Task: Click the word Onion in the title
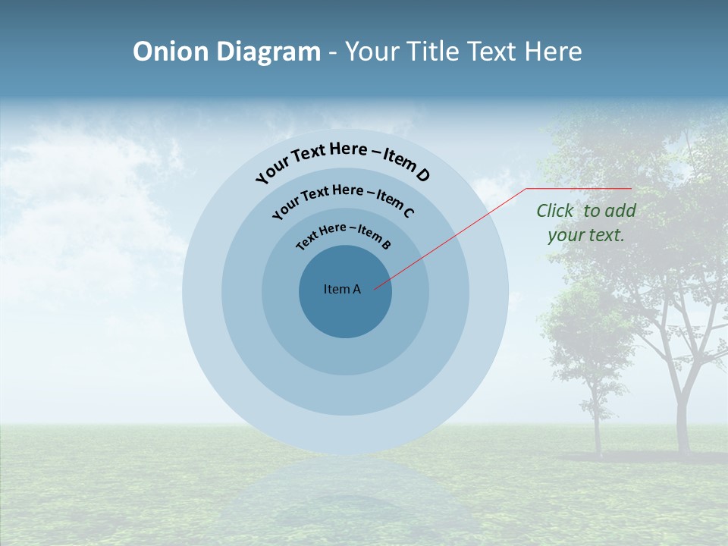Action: [171, 52]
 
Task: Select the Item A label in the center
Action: [342, 289]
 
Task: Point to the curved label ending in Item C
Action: [343, 199]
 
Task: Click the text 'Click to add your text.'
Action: [585, 223]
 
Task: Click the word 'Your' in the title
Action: [372, 52]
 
